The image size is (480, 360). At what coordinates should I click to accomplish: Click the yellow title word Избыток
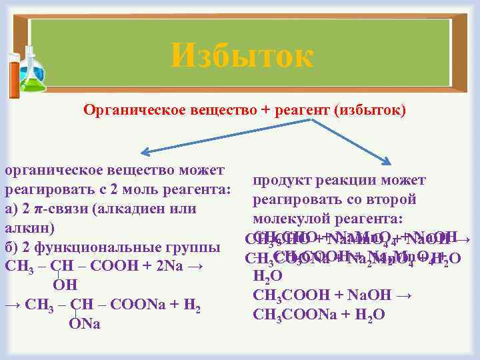click(241, 55)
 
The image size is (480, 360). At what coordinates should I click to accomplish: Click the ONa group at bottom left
click(84, 324)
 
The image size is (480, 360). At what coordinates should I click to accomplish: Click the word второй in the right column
click(394, 200)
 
